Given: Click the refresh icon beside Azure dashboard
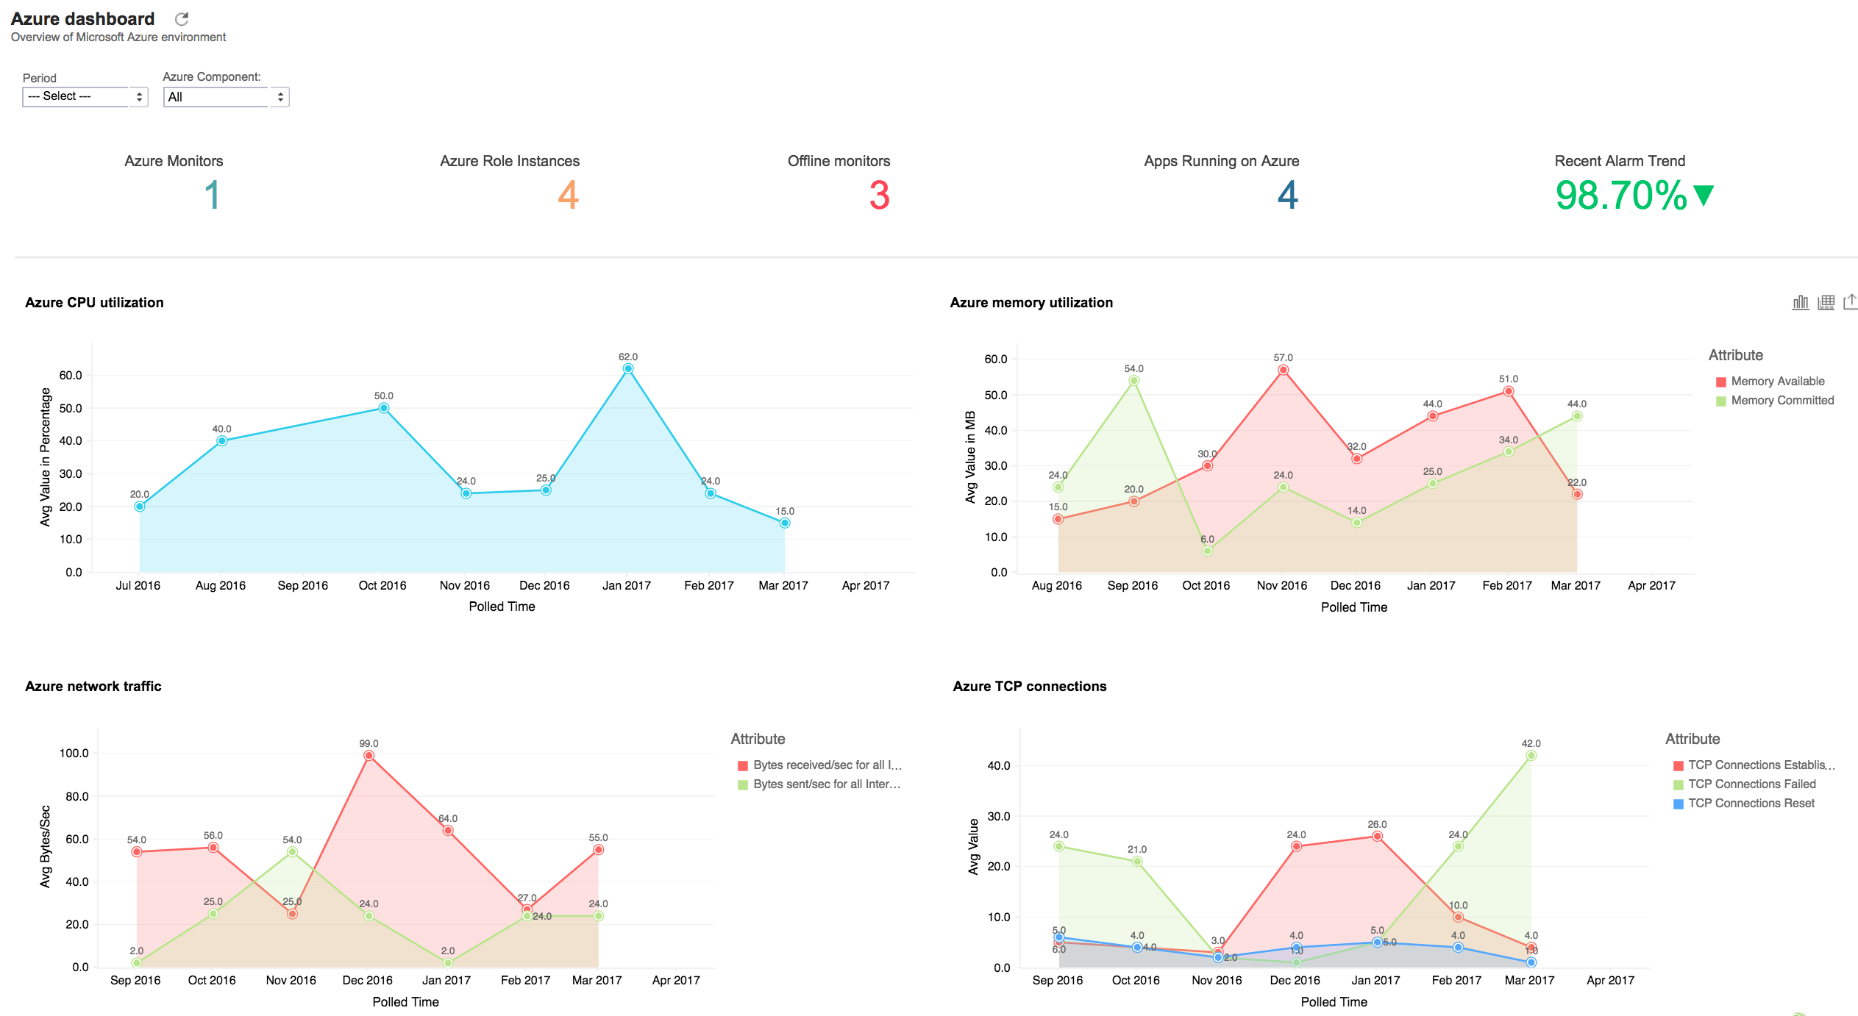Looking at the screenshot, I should click(x=182, y=19).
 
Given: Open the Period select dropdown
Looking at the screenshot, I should click(x=85, y=96).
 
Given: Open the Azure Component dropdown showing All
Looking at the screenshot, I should click(x=226, y=97).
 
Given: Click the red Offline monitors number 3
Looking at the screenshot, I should click(x=879, y=196).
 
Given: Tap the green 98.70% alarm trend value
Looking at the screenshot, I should click(x=1621, y=196).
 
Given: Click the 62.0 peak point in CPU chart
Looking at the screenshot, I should click(x=627, y=369).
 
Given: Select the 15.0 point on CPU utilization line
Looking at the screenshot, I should click(x=785, y=523).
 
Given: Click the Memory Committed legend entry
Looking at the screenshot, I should click(x=1782, y=401).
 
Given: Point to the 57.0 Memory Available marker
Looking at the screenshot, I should click(x=1283, y=371).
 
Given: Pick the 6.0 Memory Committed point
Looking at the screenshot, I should click(x=1207, y=551).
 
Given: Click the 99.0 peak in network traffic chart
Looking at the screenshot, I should click(x=369, y=756).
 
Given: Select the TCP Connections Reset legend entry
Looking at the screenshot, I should click(x=1751, y=804).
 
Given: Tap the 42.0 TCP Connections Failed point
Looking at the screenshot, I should click(x=1531, y=756).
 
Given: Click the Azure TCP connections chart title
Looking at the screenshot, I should click(x=1029, y=686).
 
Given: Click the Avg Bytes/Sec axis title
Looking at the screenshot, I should click(x=45, y=846).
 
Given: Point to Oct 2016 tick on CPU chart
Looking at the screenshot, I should click(x=382, y=586).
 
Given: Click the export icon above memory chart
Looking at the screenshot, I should click(x=1850, y=302).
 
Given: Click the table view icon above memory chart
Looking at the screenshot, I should click(x=1826, y=302).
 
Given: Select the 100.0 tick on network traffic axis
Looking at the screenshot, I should click(x=74, y=754).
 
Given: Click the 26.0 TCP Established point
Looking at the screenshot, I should click(x=1377, y=837).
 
